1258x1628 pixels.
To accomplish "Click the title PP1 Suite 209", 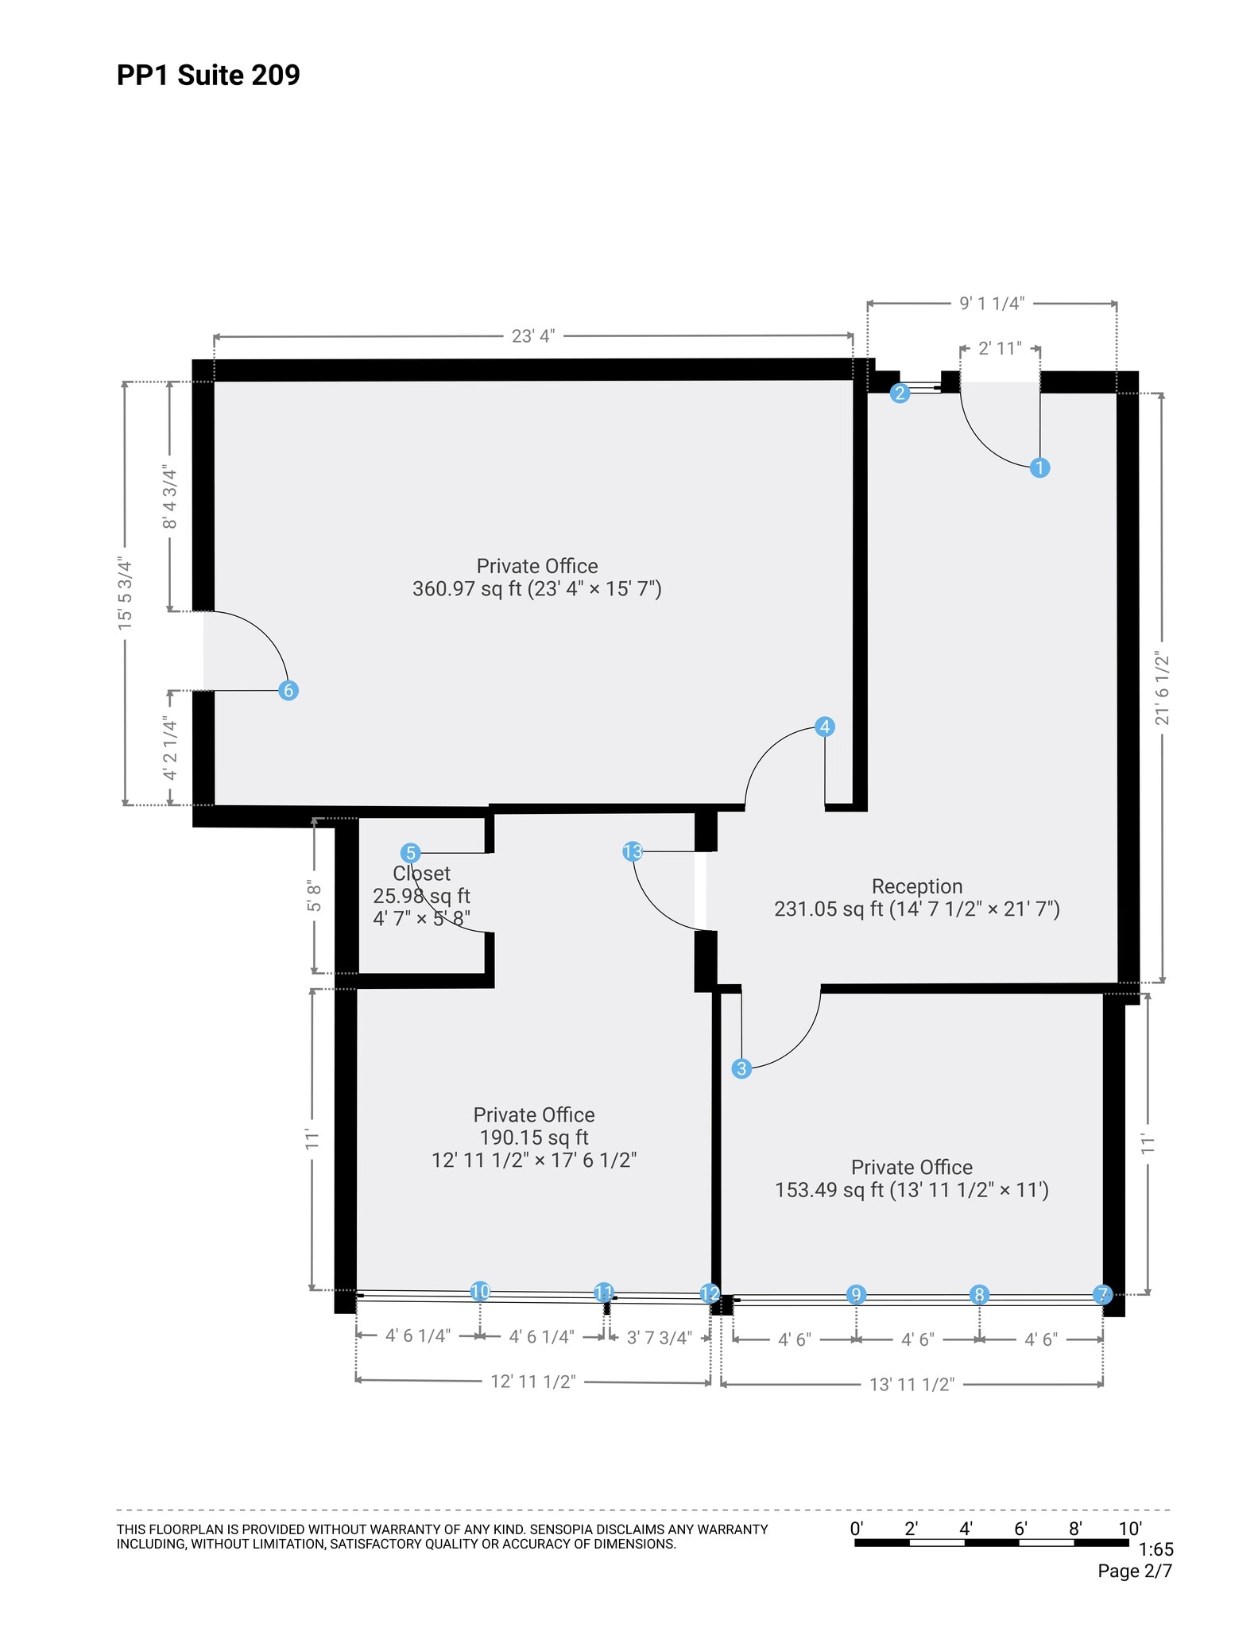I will pyautogui.click(x=208, y=75).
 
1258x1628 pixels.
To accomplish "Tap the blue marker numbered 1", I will pyautogui.click(x=1039, y=467).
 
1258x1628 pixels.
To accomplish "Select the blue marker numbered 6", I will pyautogui.click(x=288, y=690).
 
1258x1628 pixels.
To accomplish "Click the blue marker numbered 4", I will pyautogui.click(x=825, y=726).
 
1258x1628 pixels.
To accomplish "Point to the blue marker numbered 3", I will pyautogui.click(x=741, y=1068).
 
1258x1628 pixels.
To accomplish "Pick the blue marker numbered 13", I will pyautogui.click(x=633, y=851).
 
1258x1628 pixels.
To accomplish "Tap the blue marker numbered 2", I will pyautogui.click(x=900, y=393).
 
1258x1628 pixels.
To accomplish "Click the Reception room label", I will pyautogui.click(x=916, y=886).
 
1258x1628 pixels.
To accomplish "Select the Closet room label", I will pyautogui.click(x=421, y=873).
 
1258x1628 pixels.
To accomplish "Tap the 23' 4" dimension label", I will pyautogui.click(x=532, y=335).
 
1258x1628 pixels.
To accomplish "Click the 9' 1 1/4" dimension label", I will pyautogui.click(x=992, y=303).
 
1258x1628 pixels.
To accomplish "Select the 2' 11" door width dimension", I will pyautogui.click(x=999, y=348).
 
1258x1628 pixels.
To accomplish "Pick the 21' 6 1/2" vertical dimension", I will pyautogui.click(x=1163, y=688).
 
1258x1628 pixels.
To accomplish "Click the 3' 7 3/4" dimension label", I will pyautogui.click(x=659, y=1337).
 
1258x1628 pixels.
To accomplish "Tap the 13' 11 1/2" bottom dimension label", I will pyautogui.click(x=912, y=1384).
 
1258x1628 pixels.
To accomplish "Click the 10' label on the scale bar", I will pyautogui.click(x=1129, y=1528).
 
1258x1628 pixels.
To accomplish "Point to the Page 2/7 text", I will pyautogui.click(x=1134, y=1571).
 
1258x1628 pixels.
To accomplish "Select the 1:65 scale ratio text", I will pyautogui.click(x=1155, y=1549).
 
